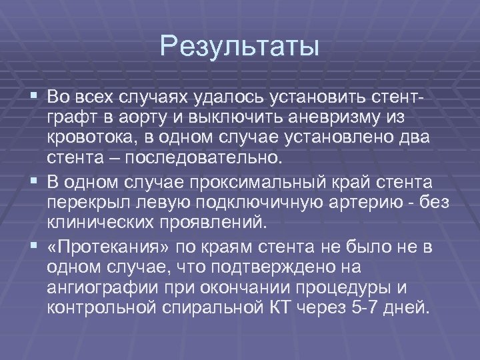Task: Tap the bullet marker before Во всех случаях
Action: point(34,99)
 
